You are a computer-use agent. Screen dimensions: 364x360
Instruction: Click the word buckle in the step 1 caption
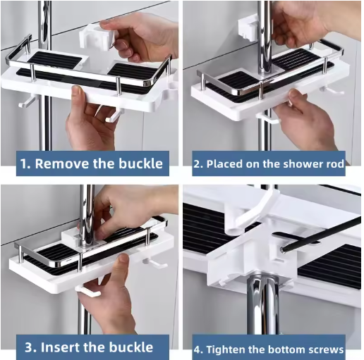(x=140, y=163)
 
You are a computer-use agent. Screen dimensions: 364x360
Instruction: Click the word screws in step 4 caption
(x=326, y=349)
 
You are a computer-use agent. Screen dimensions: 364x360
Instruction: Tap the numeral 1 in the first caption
(x=24, y=163)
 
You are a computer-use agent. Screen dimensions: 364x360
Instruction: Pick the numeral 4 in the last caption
(x=198, y=349)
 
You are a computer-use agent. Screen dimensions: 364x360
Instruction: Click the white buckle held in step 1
(x=96, y=37)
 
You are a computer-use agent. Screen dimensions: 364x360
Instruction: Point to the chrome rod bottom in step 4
(x=263, y=305)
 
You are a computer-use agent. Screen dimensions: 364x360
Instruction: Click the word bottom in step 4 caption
(x=286, y=349)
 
